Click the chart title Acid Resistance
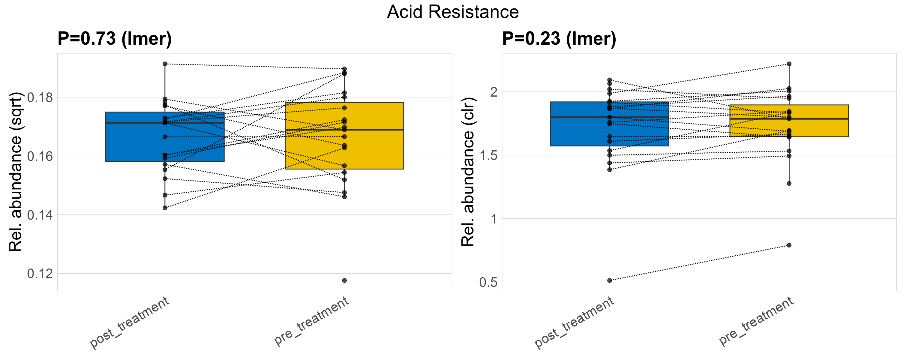pos(453,12)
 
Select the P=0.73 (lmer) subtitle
pos(115,38)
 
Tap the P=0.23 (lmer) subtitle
pos(559,38)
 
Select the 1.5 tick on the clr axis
pos(488,155)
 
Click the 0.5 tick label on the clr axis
pos(488,282)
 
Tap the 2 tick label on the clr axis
pos(494,92)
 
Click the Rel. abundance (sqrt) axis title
pos(16,172)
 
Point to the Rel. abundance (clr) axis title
pos(468,172)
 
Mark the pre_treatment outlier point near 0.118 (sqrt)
pos(344,280)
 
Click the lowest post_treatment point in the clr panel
pos(610,280)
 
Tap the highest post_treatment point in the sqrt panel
pos(165,64)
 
